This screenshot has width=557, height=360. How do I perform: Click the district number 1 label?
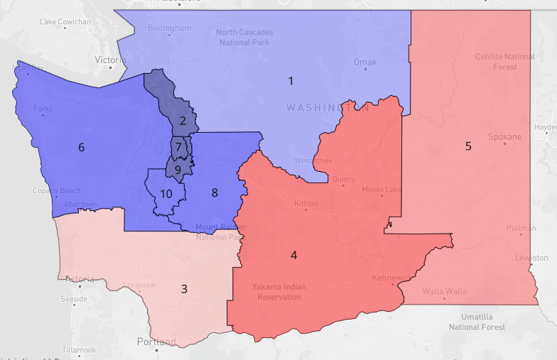291,81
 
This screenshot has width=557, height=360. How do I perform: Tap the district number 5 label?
468,146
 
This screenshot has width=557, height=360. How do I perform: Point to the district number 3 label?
184,288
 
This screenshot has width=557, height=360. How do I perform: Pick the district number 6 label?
81,148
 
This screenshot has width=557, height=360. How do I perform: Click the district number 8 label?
214,192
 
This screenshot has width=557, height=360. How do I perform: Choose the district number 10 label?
166,194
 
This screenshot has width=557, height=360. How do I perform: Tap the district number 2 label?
183,121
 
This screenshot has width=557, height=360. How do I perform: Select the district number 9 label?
178,169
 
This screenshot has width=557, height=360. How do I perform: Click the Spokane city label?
504,136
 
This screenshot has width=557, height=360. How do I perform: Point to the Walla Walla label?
444,291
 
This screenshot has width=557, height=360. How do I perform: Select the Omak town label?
365,62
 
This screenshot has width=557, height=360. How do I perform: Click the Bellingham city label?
170,28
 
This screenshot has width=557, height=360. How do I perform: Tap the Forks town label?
43,109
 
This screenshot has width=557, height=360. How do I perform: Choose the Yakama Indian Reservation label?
276,292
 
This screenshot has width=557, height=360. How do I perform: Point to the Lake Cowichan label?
65,21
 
